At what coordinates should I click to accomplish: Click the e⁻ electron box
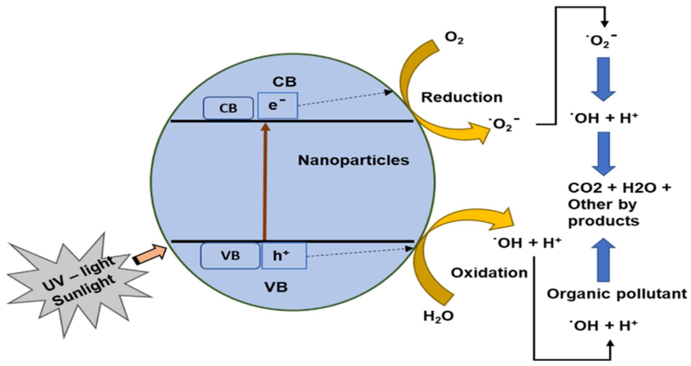277,106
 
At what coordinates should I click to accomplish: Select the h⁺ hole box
284,256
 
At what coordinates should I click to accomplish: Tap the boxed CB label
228,108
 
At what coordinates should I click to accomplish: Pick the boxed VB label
230,256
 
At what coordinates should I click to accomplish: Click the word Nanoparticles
354,160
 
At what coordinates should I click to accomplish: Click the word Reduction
462,97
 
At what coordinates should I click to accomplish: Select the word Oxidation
489,273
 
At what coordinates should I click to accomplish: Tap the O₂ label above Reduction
454,38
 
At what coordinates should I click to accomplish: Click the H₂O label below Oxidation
438,316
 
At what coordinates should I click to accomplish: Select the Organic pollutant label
617,294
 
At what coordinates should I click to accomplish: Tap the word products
603,221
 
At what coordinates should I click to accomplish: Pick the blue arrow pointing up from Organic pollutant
603,260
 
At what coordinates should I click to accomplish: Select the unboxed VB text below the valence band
276,287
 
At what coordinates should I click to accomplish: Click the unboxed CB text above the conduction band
284,82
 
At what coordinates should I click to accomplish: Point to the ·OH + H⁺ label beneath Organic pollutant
603,326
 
